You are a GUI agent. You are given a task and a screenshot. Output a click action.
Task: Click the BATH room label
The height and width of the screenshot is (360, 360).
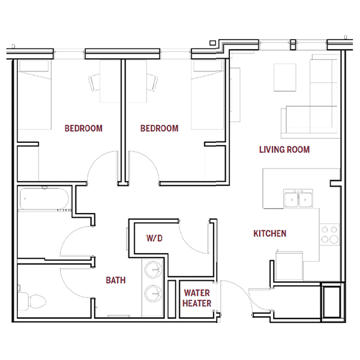(115, 280)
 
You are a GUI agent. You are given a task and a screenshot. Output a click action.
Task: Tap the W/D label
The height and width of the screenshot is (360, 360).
(154, 238)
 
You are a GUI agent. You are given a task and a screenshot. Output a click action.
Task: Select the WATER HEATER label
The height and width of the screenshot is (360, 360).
(197, 298)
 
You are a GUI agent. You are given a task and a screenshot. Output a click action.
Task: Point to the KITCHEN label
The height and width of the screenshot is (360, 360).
(270, 233)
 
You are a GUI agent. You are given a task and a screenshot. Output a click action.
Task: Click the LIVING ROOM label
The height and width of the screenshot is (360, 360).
(284, 149)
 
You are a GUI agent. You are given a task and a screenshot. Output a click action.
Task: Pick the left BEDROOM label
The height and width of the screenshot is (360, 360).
(83, 128)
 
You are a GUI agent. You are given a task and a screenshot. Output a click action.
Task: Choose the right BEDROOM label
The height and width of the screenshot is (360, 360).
(159, 128)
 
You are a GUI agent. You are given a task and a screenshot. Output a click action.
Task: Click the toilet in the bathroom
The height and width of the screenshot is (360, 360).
(32, 301)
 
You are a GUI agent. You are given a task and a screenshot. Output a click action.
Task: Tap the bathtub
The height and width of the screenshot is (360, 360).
(44, 199)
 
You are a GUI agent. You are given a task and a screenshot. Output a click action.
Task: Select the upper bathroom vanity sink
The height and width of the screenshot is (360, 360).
(153, 269)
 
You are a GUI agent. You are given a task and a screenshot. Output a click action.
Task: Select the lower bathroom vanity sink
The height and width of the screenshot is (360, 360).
(153, 294)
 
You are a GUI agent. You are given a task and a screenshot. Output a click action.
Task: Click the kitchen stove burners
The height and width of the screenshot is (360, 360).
(329, 235)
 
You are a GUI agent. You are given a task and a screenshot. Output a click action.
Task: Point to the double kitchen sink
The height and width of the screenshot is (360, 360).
(298, 199)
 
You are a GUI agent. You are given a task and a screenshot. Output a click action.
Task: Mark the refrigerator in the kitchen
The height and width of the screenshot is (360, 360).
(289, 266)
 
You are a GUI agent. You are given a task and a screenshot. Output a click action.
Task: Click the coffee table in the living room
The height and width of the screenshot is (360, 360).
(284, 77)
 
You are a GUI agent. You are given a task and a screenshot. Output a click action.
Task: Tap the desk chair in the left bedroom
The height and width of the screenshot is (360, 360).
(94, 82)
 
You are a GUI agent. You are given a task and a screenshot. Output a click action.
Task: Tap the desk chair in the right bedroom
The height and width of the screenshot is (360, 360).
(152, 82)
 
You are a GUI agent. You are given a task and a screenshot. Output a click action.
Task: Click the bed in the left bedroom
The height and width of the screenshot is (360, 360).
(34, 95)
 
